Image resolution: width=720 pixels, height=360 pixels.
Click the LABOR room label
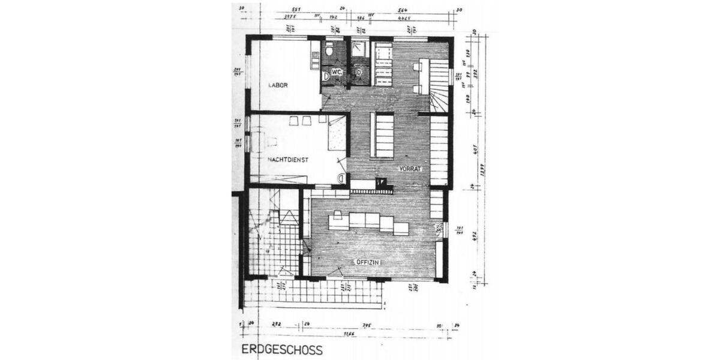[278, 85]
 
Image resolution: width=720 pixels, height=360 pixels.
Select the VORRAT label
[411, 169]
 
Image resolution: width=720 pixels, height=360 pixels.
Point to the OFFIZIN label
[367, 263]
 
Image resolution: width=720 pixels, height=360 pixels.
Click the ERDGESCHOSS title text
[281, 349]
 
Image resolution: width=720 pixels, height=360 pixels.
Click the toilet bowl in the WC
[329, 52]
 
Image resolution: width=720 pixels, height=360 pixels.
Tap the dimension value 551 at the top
[296, 10]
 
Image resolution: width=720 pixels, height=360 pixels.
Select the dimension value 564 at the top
[403, 10]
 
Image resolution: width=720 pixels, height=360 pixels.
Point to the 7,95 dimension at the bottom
[367, 325]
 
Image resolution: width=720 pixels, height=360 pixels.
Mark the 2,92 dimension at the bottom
[277, 325]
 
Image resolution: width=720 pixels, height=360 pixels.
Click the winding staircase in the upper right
[437, 84]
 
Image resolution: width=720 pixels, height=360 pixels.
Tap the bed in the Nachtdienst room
[337, 133]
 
